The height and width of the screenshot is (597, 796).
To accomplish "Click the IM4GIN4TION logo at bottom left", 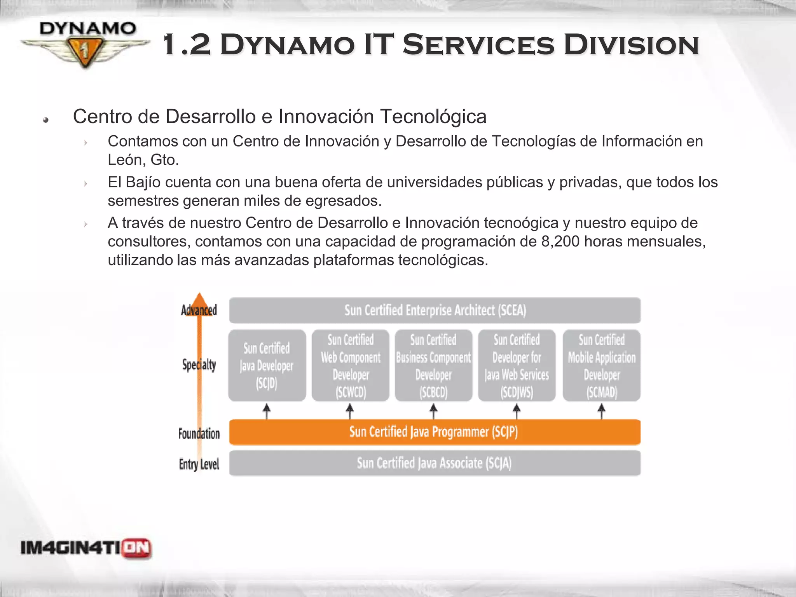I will [x=86, y=548].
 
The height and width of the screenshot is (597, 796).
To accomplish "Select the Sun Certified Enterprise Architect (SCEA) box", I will [x=435, y=310].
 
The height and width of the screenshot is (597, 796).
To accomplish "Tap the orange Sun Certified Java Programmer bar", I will [x=435, y=432].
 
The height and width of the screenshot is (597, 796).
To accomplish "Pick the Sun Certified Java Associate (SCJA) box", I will [x=435, y=463].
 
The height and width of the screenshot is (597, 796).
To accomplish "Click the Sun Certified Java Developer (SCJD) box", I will [x=267, y=365].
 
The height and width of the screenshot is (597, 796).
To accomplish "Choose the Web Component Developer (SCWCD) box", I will [x=350, y=365].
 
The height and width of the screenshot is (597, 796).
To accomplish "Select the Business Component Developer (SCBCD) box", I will [x=433, y=365].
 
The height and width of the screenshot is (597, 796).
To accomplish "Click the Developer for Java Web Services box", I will [x=517, y=365].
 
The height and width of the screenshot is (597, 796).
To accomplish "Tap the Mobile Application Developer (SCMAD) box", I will [x=601, y=365].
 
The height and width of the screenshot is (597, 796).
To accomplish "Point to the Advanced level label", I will [x=199, y=310].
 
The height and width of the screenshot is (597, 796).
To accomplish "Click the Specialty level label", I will [x=199, y=365].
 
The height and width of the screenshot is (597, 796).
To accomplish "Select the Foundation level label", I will [x=199, y=433].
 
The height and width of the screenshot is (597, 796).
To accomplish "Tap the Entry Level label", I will [x=199, y=464].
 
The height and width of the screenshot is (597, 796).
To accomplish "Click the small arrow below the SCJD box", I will [x=267, y=411].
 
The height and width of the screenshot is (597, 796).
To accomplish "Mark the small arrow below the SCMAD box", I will [x=601, y=411].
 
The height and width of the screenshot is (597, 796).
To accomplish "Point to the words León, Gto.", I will [x=143, y=160].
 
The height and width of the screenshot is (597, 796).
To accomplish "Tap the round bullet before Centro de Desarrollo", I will [x=46, y=120].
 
